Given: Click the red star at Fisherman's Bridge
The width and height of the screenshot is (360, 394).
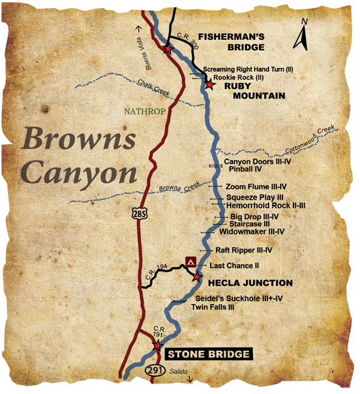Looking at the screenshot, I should click(168, 49).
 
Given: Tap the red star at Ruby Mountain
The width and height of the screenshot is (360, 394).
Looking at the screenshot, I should click(209, 82).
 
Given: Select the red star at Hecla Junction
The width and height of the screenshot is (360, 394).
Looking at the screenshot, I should click(197, 277).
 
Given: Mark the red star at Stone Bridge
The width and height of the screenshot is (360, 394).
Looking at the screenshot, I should click(157, 345).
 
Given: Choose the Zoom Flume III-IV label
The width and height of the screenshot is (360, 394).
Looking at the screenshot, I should click(257, 187).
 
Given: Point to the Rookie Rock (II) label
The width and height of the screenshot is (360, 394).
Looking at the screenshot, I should click(238, 77).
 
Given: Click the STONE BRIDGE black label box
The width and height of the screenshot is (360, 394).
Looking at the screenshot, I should click(208, 354).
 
